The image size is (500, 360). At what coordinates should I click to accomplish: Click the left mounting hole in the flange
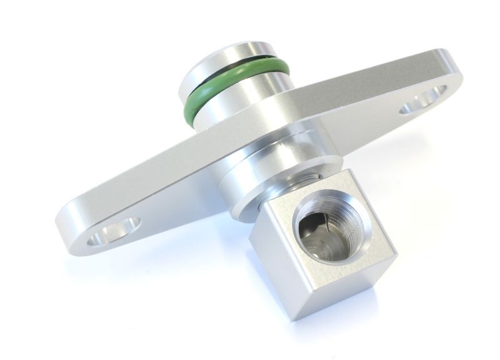(116, 232)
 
